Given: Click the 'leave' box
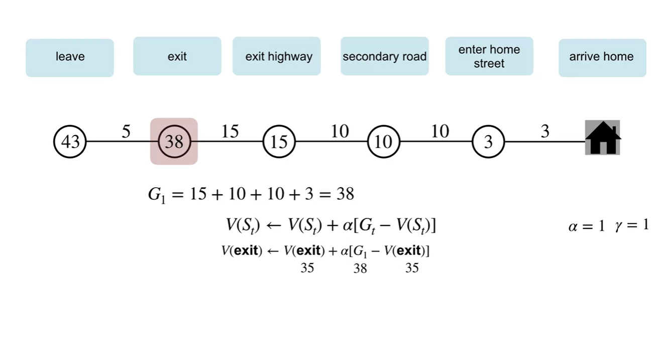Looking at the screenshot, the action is point(70,57).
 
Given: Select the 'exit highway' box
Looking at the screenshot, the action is point(277,56).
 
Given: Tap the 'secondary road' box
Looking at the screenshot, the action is point(384,56).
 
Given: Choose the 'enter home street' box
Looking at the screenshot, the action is point(489,56).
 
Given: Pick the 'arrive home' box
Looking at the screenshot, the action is point(602,57).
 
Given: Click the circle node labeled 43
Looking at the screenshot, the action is point(70,142).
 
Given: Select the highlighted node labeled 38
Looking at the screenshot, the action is point(174,142).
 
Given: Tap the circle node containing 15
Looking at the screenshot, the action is point(279,142).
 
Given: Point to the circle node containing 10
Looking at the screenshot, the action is point(383,142).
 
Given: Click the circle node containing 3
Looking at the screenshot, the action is point(488,142).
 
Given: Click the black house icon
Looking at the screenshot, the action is point(603,138).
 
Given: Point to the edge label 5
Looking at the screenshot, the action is point(126,132).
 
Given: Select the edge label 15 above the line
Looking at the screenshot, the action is point(230,132).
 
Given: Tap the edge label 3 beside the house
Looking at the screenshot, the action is point(545,132).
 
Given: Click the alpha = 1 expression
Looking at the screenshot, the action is point(586,226).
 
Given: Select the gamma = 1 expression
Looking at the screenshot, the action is point(631,225).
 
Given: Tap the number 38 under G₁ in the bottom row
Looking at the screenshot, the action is point(360,269).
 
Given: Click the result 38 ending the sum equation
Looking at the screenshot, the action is point(345,194).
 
